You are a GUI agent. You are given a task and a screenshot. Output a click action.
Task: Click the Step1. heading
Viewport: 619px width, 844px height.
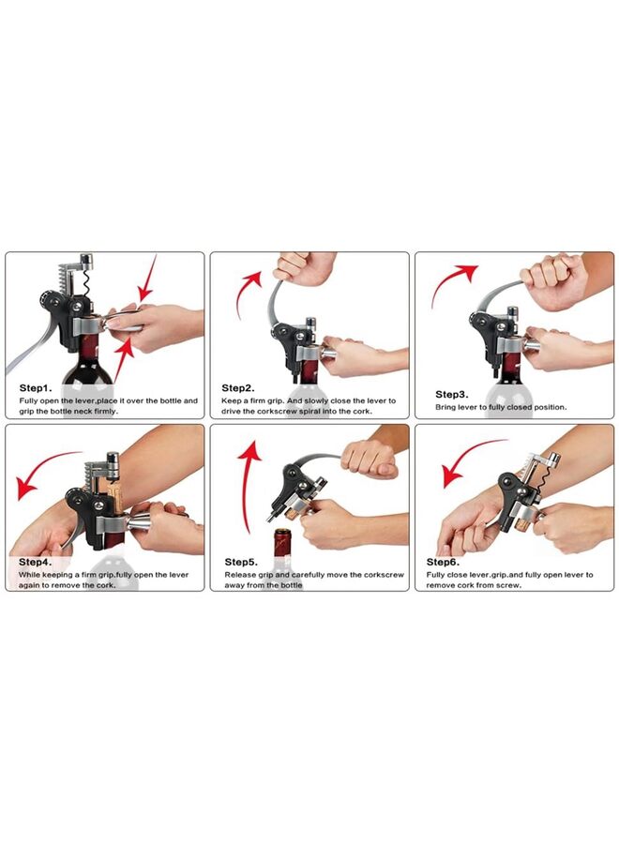tap(36, 388)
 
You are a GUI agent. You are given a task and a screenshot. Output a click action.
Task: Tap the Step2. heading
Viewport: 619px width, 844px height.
tap(238, 388)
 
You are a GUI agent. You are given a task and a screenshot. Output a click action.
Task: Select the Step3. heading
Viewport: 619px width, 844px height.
tap(452, 395)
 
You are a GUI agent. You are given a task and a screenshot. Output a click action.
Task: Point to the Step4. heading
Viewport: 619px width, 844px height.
tap(36, 562)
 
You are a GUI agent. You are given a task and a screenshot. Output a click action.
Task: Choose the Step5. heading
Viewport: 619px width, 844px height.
tap(241, 562)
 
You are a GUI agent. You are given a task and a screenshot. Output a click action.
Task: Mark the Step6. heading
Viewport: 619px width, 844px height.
tap(443, 562)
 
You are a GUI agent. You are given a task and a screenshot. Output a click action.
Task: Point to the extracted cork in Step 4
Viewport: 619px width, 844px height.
tap(113, 494)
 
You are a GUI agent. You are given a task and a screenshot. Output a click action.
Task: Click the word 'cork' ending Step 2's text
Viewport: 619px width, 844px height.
tap(362, 412)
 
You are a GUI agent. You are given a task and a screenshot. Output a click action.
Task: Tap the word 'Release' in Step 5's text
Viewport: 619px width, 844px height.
tap(240, 574)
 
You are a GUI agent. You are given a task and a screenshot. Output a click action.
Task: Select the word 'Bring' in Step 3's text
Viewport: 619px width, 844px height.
tap(445, 408)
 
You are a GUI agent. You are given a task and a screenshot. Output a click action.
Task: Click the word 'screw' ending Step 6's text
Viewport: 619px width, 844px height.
tap(509, 585)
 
